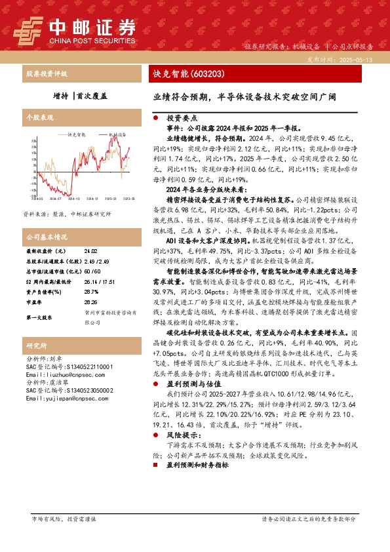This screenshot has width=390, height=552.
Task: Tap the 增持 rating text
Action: (x=61, y=95)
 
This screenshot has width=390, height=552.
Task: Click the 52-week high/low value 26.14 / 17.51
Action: (x=97, y=280)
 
